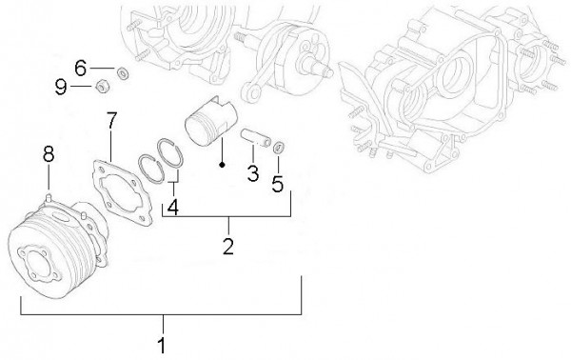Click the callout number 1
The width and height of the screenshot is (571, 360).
(x=162, y=344)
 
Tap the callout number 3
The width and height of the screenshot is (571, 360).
(x=253, y=173)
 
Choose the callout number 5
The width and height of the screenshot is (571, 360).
(x=277, y=183)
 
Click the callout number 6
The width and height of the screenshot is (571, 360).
(x=80, y=68)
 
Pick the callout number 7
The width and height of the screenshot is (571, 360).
(x=111, y=121)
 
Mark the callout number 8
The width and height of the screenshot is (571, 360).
(x=49, y=152)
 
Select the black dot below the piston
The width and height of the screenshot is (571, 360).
(x=221, y=163)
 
